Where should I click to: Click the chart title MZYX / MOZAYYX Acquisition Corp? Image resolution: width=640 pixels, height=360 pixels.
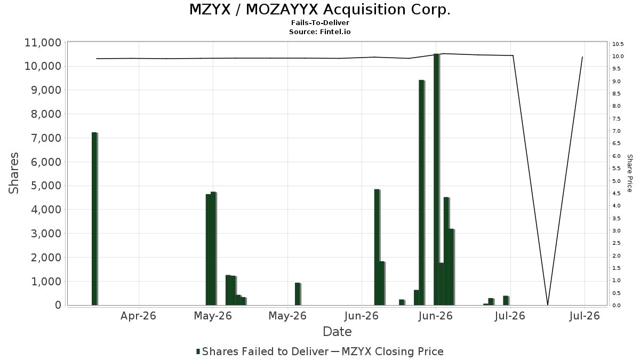pos(319,10)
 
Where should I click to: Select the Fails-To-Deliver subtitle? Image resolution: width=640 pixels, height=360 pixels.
pos(320,23)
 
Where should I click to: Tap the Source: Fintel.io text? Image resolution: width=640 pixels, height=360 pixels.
pos(319,31)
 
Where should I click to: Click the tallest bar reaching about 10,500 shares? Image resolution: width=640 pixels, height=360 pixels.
pos(436,179)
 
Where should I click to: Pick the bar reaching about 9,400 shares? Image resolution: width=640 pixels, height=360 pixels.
pos(421,193)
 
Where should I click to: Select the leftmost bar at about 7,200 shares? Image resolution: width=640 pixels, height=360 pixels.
pos(94,219)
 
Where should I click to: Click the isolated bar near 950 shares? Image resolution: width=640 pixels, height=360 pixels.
pos(298,294)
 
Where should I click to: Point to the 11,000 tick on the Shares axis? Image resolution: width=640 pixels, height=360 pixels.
pos(43,43)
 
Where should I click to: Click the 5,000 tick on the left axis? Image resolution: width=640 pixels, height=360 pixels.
pos(46,186)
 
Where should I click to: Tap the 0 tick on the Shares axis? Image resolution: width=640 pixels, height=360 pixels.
pos(58,305)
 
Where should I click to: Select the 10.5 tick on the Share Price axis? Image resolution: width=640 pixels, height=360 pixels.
pos(618,44)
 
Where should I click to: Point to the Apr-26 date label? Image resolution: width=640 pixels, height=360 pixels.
pos(138,316)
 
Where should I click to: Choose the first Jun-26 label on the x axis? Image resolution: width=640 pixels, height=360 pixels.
pos(362,316)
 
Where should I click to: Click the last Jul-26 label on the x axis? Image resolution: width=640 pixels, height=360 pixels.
pos(585,316)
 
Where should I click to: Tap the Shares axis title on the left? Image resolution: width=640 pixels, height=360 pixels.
pos(13,173)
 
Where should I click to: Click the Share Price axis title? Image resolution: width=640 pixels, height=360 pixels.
pos(629,173)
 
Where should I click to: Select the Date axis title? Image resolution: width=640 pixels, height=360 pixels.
pos(337,332)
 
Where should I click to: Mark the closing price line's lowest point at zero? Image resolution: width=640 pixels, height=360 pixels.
pos(548,305)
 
